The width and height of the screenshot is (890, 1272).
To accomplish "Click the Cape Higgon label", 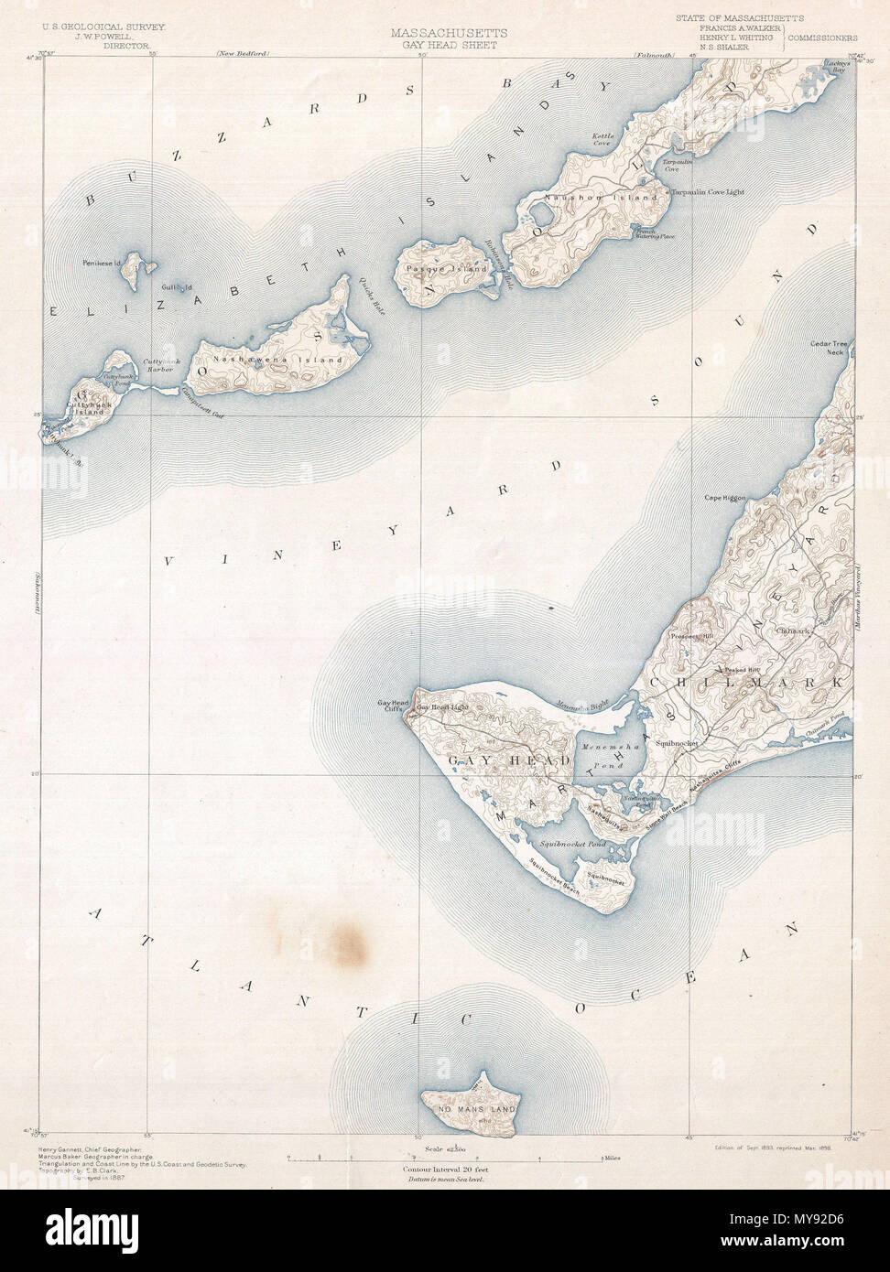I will (x=724, y=499).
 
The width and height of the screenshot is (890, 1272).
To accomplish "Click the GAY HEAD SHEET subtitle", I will (x=443, y=44).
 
